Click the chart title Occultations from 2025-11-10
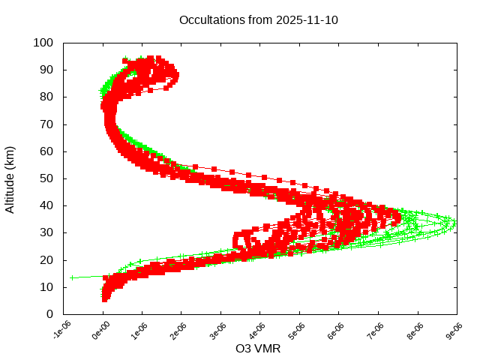point(259,20)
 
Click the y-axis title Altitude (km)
point(10,178)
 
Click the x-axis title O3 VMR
point(259,349)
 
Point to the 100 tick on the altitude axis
point(43,43)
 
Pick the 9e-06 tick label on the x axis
point(454,331)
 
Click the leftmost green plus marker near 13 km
point(72,277)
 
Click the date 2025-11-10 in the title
point(307,20)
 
